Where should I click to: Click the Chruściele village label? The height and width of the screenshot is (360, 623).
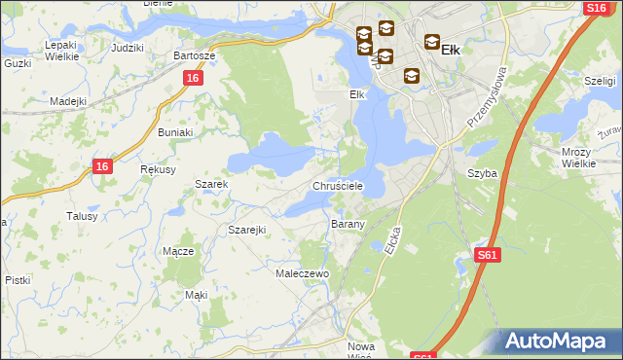coord(338,186)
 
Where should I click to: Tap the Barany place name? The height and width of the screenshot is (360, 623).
coord(348,224)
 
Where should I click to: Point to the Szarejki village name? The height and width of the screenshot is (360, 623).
coord(246,229)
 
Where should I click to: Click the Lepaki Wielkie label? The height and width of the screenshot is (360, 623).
coord(60,51)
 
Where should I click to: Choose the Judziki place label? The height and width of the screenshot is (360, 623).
coord(128,48)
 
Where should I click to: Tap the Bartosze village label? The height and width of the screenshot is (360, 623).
coord(194,55)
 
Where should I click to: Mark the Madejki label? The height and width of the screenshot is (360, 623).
coord(69,101)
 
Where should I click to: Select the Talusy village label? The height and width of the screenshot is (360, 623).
coord(82,216)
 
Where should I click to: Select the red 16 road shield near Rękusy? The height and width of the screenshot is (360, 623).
coord(104,166)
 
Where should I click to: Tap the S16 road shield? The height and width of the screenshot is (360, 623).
coord(596,8)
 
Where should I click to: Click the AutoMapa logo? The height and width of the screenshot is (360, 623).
coord(558,342)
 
